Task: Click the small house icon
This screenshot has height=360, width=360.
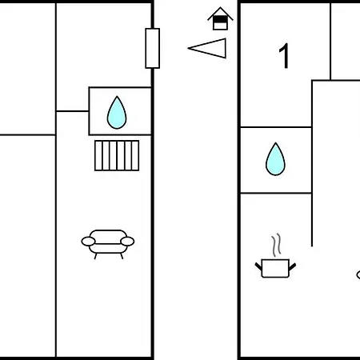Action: coord(220,18)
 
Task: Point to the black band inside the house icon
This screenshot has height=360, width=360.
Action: coord(220,19)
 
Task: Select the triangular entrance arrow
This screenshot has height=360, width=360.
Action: coord(207,48)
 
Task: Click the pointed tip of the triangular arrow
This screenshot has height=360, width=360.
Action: coord(188,48)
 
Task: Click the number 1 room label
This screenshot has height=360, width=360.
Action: coord(284,56)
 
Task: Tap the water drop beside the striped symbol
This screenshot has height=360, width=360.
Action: coord(117,113)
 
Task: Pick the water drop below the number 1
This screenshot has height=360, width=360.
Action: coord(275,159)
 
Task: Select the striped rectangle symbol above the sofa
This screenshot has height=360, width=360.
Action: coord(117,155)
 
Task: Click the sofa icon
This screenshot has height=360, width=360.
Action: coord(108,244)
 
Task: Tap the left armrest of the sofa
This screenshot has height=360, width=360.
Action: coord(88,242)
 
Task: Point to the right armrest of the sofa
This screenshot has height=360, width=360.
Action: coord(127,242)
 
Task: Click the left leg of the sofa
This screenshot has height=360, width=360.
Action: coord(95,256)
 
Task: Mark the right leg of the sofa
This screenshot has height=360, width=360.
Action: coord(122,256)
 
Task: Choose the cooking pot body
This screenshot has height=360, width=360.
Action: coord(275,268)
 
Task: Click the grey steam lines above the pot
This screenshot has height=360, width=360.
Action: coord(277,245)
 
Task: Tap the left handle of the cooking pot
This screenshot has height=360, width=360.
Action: coord(258,266)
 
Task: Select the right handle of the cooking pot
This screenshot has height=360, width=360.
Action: coord(293,266)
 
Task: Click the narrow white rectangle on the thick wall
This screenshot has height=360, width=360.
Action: coord(153,48)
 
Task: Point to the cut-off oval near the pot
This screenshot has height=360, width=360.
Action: coord(358,275)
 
